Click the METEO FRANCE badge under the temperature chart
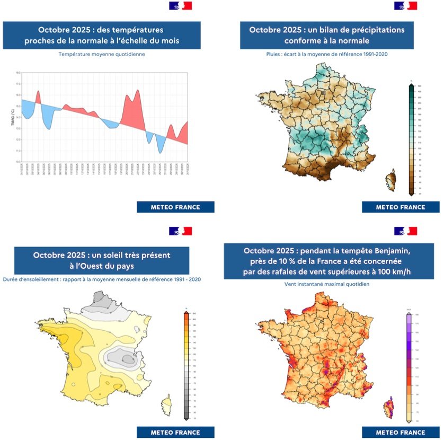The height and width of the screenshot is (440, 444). [x=175, y=207]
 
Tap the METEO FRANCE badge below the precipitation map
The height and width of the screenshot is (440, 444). [x=401, y=207]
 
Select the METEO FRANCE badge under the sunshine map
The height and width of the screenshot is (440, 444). [x=175, y=433]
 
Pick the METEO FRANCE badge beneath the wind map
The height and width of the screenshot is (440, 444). [x=401, y=433]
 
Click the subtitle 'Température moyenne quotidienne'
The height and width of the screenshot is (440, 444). [x=102, y=54]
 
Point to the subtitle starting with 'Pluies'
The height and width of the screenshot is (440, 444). [x=327, y=54]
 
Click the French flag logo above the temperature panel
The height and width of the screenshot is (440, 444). [x=181, y=6]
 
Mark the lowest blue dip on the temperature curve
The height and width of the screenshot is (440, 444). [x=159, y=153]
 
